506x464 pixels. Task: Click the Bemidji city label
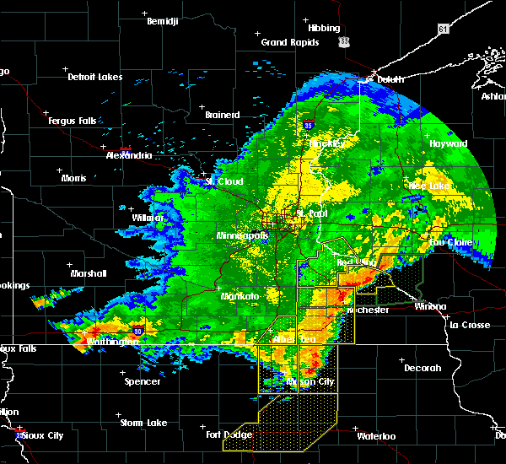(163, 21)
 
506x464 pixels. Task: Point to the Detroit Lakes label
(94, 77)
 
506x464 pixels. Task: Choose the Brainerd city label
(223, 115)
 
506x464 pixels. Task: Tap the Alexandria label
(129, 155)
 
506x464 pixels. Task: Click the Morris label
(73, 178)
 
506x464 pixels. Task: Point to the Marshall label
(89, 273)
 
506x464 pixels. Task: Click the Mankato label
(239, 297)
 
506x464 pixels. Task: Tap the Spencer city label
(142, 381)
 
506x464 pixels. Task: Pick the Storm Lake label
(143, 423)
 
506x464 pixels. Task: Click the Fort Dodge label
(229, 435)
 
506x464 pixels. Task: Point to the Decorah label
(423, 368)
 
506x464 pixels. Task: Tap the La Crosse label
(470, 324)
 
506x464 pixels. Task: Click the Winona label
(431, 306)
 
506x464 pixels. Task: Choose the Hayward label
(448, 143)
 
